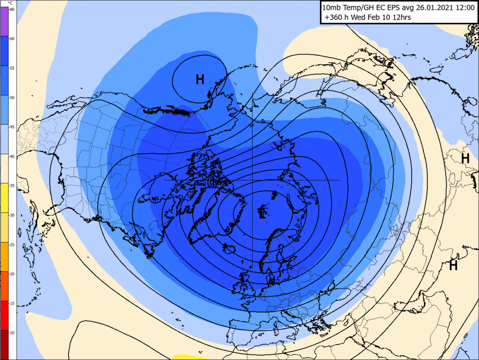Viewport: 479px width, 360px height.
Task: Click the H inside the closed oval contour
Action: (x=200, y=80)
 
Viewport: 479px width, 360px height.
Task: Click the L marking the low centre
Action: (x=262, y=213)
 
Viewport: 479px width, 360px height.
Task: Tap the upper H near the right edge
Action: (x=465, y=158)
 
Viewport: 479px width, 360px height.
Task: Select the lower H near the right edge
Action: (x=453, y=265)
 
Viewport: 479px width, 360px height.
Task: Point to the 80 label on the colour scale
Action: (x=12, y=9)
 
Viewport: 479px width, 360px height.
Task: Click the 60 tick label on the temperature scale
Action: (x=12, y=39)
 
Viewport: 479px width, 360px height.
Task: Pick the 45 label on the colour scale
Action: (x=12, y=127)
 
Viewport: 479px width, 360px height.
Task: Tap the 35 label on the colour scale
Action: (x=12, y=185)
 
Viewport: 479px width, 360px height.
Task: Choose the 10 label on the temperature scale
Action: (x=12, y=332)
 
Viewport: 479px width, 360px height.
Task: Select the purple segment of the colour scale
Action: (x=4, y=22)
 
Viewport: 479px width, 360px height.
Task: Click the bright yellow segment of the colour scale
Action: (x=4, y=198)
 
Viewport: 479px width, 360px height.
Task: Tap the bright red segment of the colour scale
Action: (x=4, y=315)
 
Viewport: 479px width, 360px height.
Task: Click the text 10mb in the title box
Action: (x=333, y=8)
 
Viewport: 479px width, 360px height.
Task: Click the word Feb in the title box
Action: (x=381, y=18)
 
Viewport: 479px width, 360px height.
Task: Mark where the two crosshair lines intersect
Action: (x=252, y=180)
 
